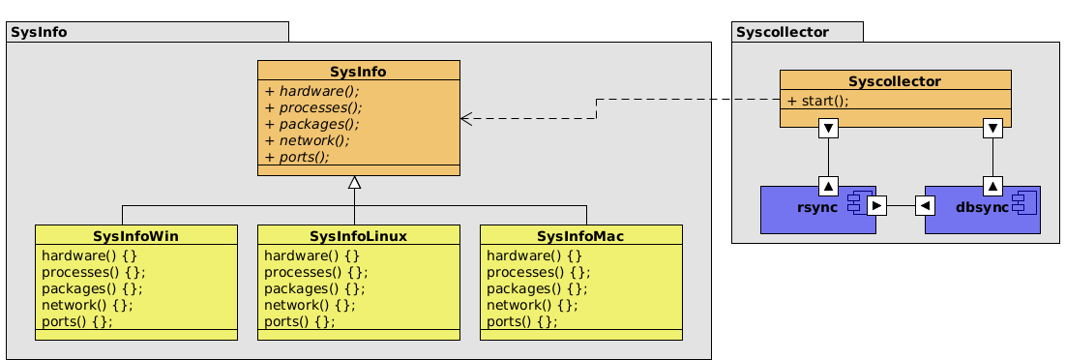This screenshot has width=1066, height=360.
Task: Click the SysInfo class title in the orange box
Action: click(358, 72)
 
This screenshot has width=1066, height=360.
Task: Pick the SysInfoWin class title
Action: click(135, 236)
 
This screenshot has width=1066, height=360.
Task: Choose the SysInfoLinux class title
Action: click(358, 236)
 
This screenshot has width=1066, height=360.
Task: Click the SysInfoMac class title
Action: click(580, 236)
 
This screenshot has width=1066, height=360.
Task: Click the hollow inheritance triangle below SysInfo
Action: click(355, 183)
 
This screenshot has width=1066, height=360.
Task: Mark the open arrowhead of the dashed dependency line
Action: click(466, 118)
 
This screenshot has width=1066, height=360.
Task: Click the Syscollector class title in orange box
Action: click(895, 81)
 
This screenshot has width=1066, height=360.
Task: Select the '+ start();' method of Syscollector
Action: click(817, 101)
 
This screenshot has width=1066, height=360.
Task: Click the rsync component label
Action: click(816, 207)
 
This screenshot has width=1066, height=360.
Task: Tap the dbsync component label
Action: click(982, 207)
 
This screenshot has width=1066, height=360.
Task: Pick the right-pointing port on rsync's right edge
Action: click(876, 205)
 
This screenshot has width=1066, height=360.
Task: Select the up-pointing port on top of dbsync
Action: click(992, 185)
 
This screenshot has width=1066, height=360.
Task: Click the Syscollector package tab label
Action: click(783, 32)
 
